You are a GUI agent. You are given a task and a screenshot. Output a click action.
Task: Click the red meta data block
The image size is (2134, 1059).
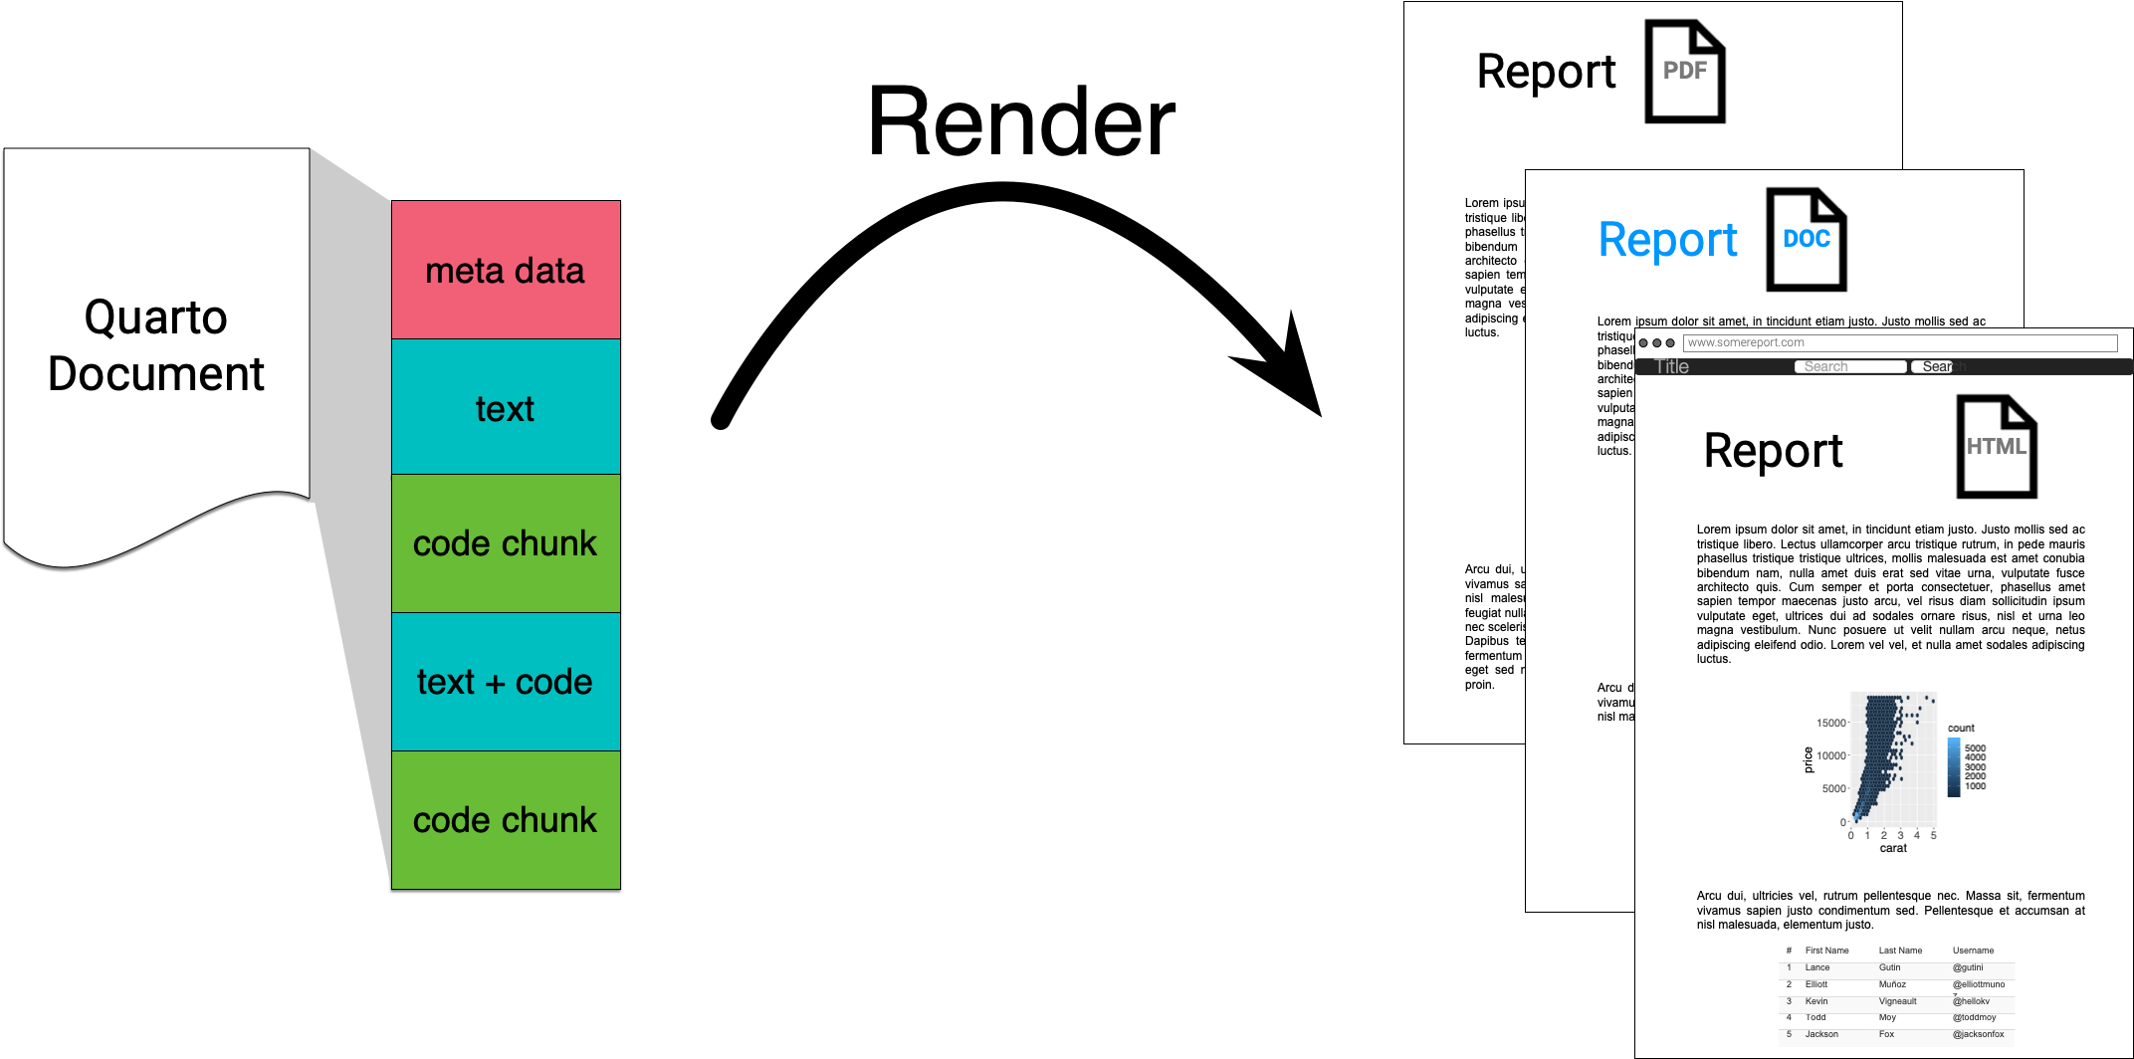click(505, 270)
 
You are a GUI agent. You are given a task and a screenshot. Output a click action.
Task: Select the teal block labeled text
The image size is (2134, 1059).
click(505, 407)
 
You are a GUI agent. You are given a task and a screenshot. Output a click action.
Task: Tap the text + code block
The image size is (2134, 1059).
click(505, 682)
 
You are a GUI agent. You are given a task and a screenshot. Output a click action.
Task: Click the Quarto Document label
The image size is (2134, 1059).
click(156, 345)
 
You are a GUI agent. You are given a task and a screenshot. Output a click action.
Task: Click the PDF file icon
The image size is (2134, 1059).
click(1684, 72)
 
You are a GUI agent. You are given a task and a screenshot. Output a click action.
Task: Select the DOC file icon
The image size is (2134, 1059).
click(1806, 240)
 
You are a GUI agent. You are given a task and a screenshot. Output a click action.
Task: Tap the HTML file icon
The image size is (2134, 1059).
click(1996, 447)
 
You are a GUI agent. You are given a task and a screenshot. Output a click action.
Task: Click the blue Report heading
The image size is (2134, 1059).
click(1667, 240)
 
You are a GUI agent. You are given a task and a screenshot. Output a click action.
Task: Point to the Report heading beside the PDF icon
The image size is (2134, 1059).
click(1546, 72)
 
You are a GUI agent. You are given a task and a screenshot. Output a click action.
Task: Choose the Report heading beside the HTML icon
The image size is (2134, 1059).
click(1773, 451)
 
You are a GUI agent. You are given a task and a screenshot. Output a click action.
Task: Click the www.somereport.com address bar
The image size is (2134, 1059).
click(1899, 342)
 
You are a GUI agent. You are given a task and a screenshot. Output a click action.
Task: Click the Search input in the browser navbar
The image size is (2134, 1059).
click(1849, 367)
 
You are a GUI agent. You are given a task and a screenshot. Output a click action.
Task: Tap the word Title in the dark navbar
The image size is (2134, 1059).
click(1672, 367)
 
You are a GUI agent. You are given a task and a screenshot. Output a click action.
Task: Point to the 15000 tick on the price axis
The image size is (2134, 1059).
click(1830, 723)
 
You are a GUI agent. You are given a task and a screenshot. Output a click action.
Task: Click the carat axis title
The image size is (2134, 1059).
click(1893, 848)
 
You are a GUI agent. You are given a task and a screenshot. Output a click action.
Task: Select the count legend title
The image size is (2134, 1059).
click(1961, 728)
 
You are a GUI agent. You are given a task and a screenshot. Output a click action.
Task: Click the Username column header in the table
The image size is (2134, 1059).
click(1973, 951)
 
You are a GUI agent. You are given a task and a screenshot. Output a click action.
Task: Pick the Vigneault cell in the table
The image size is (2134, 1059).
click(1897, 1001)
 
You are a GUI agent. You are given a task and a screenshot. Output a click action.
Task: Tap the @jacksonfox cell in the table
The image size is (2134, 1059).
click(1978, 1034)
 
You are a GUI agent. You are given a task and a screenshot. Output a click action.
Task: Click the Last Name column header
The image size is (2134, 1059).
click(1900, 951)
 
